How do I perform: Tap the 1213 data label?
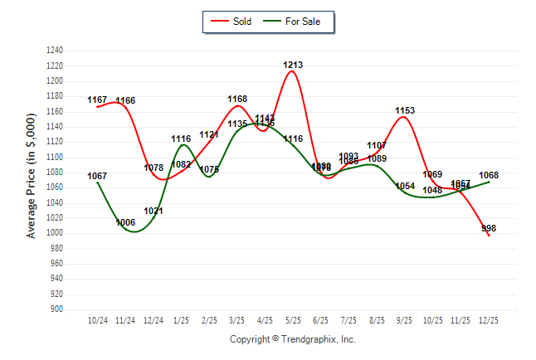click(x=293, y=65)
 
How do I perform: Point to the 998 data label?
click(x=489, y=228)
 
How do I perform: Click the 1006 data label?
click(x=126, y=222)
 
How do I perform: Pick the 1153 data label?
click(x=405, y=110)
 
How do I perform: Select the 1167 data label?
click(x=98, y=100)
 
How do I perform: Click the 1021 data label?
click(x=153, y=211)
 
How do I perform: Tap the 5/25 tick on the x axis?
click(x=293, y=319)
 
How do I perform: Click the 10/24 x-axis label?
click(x=98, y=319)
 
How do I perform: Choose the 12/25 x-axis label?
click(x=489, y=319)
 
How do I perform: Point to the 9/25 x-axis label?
click(x=405, y=319)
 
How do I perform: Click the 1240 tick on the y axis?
click(x=56, y=51)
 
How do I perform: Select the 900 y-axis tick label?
click(x=57, y=309)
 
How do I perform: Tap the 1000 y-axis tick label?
click(x=56, y=233)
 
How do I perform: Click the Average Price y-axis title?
click(x=32, y=178)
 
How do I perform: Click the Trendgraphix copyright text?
click(x=292, y=339)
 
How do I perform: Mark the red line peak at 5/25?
click(x=293, y=71)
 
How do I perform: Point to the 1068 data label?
click(x=489, y=175)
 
